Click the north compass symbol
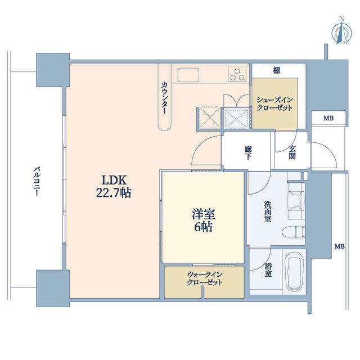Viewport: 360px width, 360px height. (342, 31)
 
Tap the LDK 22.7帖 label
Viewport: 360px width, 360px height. (114, 186)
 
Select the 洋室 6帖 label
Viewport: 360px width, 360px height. (203, 220)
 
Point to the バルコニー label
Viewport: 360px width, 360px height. (37, 181)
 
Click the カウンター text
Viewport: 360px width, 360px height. (165, 98)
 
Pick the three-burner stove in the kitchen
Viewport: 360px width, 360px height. (237, 74)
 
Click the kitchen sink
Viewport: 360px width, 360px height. (188, 75)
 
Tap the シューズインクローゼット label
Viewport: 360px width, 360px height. (275, 103)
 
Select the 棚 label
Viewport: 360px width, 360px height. (276, 70)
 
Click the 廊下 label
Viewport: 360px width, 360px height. (247, 153)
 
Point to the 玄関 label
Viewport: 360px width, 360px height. (292, 152)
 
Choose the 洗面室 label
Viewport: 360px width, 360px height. (268, 211)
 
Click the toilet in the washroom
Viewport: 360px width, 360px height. (294, 232)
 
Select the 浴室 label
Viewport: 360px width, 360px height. (268, 270)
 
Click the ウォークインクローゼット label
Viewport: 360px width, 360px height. (205, 278)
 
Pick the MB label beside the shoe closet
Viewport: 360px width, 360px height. (328, 119)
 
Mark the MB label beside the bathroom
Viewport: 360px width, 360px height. (340, 246)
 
